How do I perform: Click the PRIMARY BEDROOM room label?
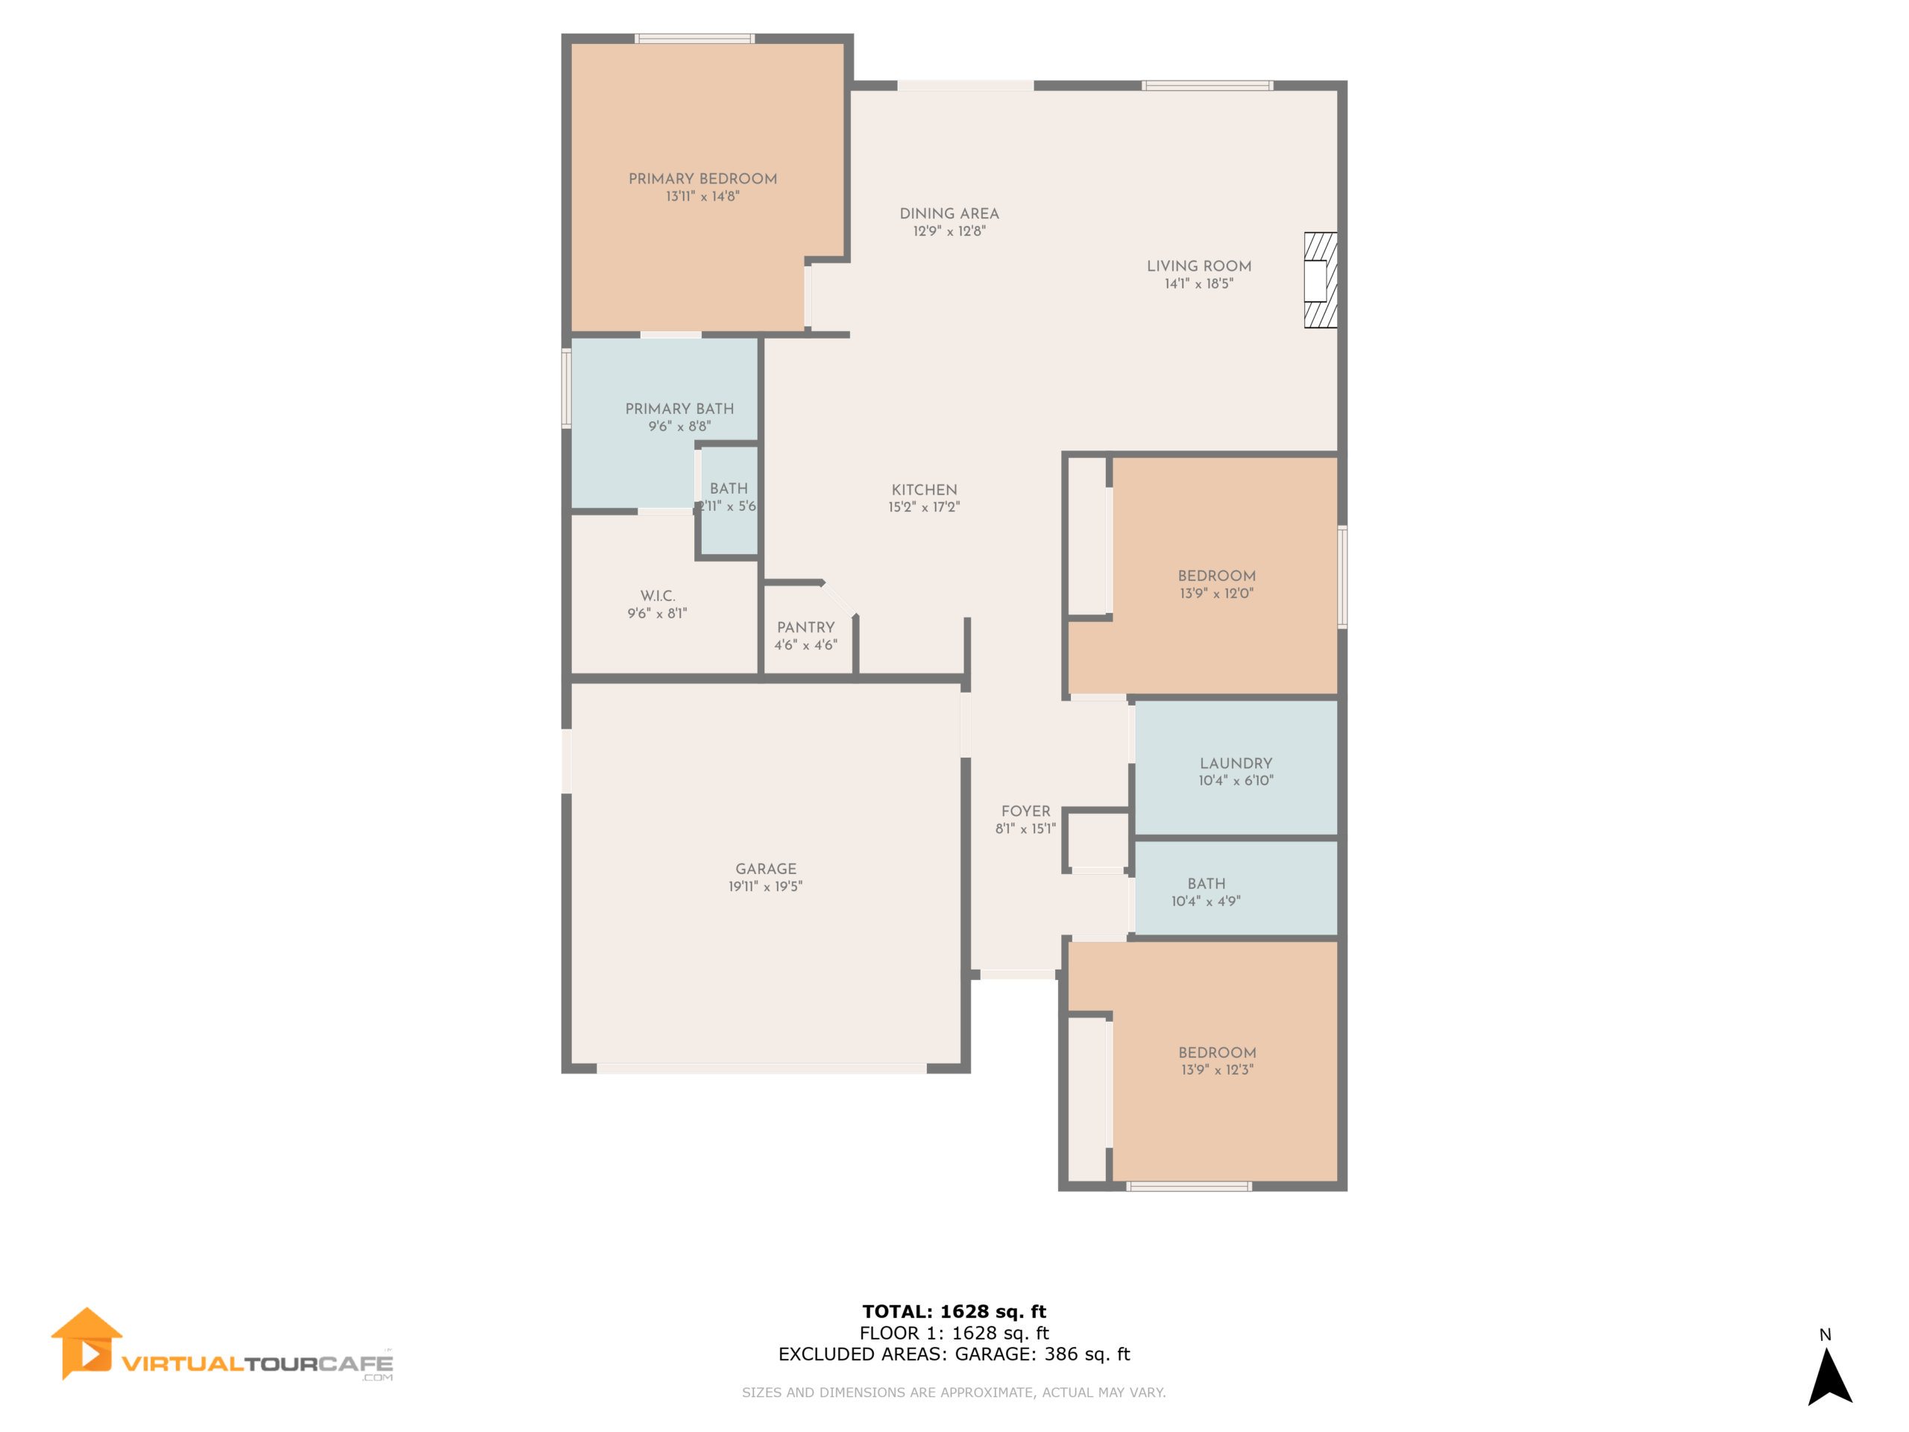[702, 179]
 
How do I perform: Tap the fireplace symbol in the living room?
[1320, 280]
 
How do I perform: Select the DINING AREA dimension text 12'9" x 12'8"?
[949, 231]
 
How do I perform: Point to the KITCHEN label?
[924, 489]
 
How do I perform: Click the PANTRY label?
[805, 627]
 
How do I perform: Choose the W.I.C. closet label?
[658, 596]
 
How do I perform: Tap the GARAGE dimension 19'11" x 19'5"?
[766, 887]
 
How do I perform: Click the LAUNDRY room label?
[1236, 763]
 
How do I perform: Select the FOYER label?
[1025, 811]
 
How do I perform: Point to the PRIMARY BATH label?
[679, 408]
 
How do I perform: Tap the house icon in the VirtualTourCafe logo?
[86, 1343]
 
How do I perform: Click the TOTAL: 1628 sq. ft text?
[954, 1312]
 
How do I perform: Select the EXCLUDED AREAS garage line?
[954, 1354]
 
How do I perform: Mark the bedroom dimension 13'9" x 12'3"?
[1217, 1070]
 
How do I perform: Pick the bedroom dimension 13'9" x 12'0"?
[1216, 594]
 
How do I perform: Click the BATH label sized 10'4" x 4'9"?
[1206, 884]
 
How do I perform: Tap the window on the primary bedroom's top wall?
[695, 39]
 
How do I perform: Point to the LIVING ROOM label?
[1199, 266]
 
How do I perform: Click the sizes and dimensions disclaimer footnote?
[954, 1392]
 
